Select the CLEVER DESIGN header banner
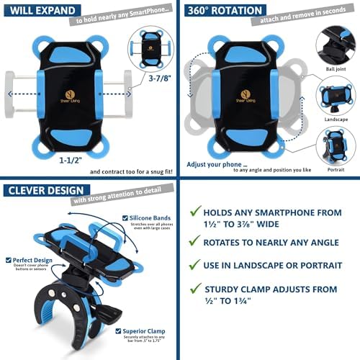[x=40, y=191]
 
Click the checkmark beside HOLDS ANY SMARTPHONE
[x=195, y=212]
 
